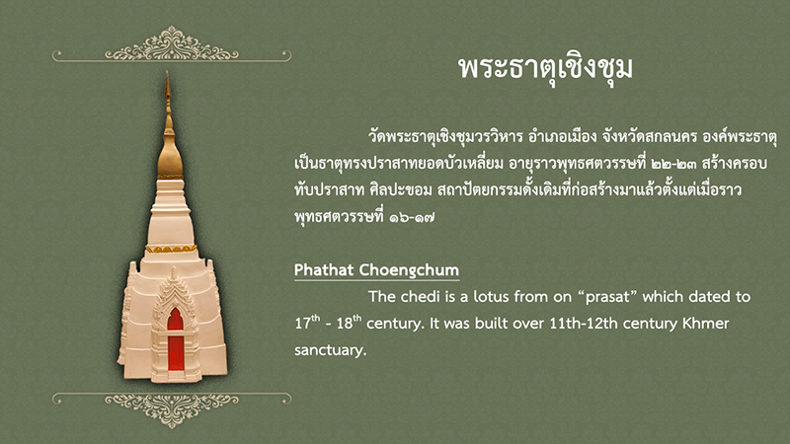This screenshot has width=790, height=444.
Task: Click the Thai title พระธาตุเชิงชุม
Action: click(x=545, y=68)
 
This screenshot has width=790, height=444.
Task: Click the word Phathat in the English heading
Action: click(x=325, y=270)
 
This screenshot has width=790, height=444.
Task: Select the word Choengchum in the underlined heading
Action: click(x=410, y=270)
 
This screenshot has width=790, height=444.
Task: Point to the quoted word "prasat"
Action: click(x=608, y=297)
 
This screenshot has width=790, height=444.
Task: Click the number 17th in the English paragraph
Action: click(x=307, y=323)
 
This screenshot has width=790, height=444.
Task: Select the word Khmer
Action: click(x=705, y=323)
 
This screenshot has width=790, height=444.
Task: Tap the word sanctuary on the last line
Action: click(x=330, y=350)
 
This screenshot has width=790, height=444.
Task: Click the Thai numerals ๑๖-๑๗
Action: click(x=412, y=217)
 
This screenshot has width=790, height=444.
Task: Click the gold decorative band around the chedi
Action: click(x=171, y=249)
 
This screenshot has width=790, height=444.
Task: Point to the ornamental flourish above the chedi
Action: click(x=172, y=45)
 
